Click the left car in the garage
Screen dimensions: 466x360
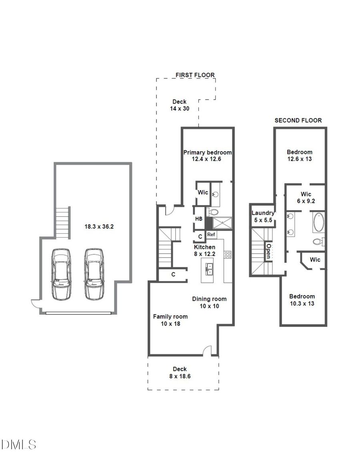click(61, 274)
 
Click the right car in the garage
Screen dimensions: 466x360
click(94, 274)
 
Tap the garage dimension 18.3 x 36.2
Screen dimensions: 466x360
click(97, 226)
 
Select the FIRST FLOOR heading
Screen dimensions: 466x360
click(195, 75)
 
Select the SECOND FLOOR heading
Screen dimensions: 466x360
click(298, 120)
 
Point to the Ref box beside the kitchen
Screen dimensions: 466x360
click(211, 235)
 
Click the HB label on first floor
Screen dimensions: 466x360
click(199, 219)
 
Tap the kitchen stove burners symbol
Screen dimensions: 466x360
click(227, 254)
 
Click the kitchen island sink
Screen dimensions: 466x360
click(208, 267)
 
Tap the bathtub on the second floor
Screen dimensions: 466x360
click(318, 223)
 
